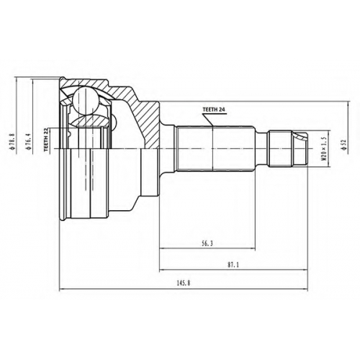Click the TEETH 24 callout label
(214, 109)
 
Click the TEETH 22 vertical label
(46, 140)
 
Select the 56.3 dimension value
(207, 244)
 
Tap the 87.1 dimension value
(233, 265)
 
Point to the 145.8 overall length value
(184, 283)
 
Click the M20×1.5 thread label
(325, 148)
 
